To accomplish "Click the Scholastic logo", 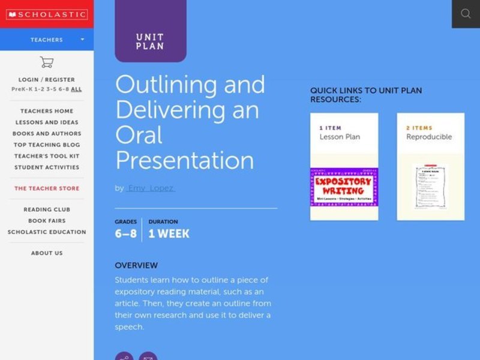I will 46,14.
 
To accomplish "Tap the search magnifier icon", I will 466,14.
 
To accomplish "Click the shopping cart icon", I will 46,62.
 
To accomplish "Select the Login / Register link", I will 47,80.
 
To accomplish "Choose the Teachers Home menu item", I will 47,111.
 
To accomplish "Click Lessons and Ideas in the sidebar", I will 47,122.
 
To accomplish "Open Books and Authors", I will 47,134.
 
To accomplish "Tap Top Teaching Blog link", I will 47,145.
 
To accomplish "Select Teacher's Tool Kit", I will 47,157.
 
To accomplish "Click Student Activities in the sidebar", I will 47,168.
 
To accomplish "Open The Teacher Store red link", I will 47,188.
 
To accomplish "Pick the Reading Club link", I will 47,209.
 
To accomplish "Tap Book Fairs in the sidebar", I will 47,221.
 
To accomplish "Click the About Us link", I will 47,253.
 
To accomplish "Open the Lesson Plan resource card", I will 344,166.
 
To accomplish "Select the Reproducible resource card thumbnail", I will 430,187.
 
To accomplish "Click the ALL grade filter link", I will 76,89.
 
